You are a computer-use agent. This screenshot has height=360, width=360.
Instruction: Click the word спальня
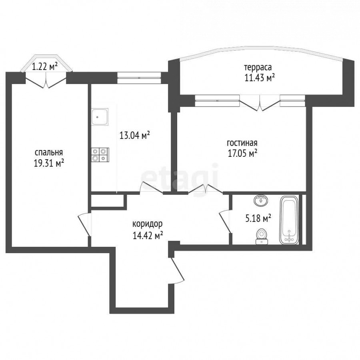49,153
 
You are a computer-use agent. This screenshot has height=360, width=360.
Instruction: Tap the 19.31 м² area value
49,163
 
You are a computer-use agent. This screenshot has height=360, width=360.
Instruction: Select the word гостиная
242,143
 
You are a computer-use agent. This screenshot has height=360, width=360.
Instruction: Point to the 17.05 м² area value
242,153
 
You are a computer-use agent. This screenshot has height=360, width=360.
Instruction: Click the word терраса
258,68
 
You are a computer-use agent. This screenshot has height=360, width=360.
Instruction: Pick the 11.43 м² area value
260,78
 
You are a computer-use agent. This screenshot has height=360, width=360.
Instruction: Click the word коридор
148,224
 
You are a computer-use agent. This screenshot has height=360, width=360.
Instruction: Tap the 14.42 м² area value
148,235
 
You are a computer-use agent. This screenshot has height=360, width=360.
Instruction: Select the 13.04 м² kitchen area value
134,135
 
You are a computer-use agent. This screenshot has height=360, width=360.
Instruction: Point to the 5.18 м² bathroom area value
258,218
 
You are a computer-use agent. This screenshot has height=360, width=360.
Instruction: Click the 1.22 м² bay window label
44,67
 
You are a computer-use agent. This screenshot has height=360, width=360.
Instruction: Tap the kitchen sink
100,117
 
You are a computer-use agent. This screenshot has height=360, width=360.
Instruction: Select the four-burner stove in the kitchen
100,155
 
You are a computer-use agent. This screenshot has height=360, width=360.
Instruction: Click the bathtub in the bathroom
289,220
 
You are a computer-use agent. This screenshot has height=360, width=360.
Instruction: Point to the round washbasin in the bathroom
261,201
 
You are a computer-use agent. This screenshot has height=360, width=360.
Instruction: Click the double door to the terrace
260,103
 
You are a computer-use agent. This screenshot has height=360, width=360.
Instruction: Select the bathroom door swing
225,222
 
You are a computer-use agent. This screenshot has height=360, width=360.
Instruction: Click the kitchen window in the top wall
139,78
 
